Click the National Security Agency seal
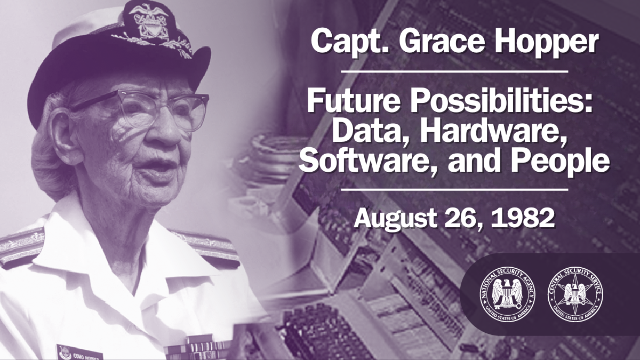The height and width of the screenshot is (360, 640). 501,294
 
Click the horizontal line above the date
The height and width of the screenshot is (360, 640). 454,189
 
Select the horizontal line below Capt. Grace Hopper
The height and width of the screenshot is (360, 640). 454,70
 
